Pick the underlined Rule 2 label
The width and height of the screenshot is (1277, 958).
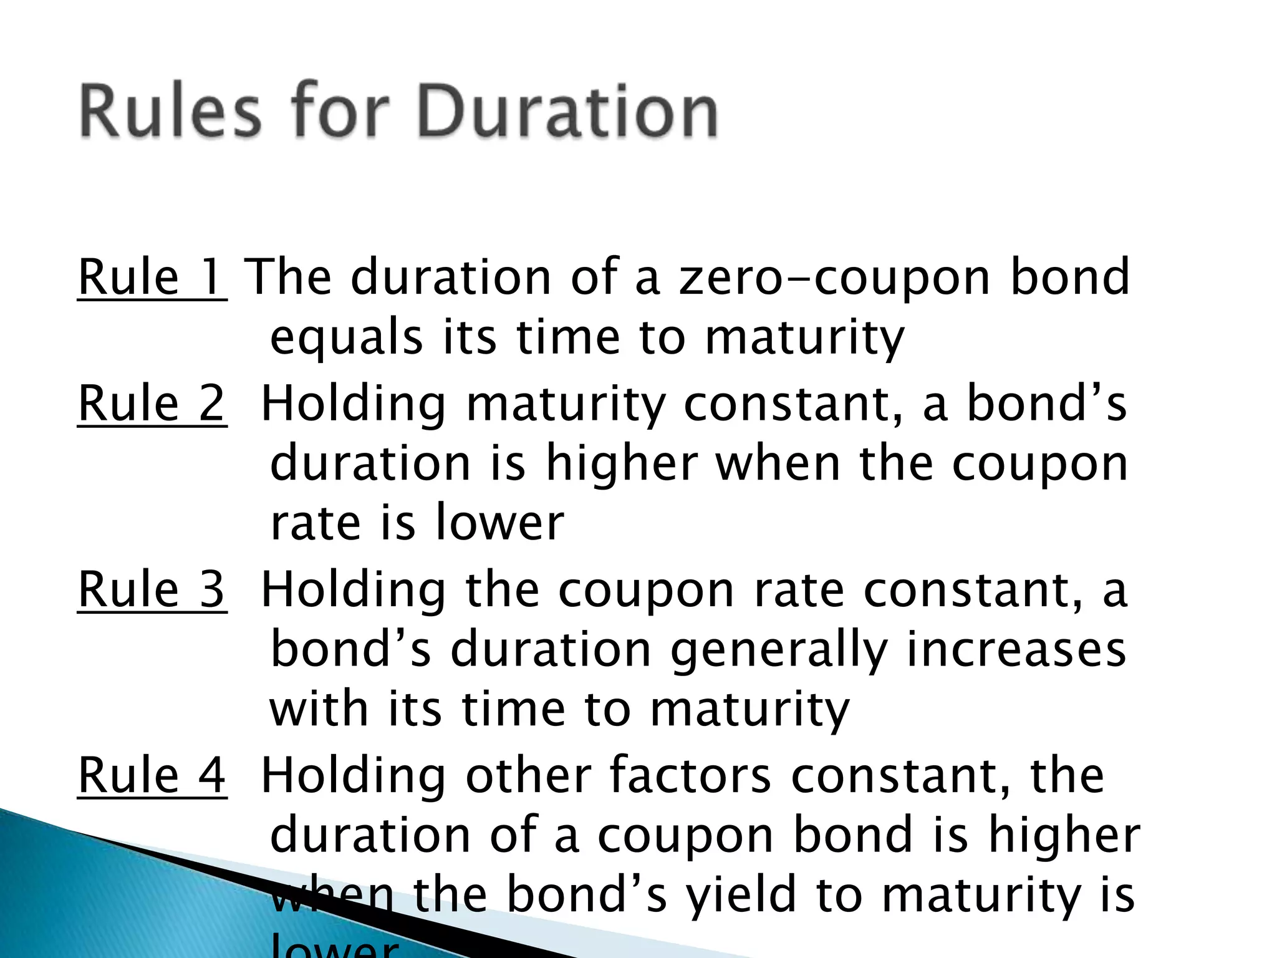tap(152, 404)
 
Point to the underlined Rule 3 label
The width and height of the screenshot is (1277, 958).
tap(152, 589)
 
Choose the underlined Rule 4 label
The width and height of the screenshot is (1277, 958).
tap(152, 775)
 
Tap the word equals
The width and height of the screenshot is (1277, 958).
tap(346, 337)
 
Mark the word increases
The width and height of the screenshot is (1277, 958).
tap(1016, 649)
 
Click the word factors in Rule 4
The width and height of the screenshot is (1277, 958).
tap(690, 775)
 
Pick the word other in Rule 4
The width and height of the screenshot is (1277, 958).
tap(528, 775)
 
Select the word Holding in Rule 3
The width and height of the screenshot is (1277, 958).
tap(353, 589)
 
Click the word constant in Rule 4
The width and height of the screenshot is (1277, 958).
tap(900, 775)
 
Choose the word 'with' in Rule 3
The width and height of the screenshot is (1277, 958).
tap(319, 710)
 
